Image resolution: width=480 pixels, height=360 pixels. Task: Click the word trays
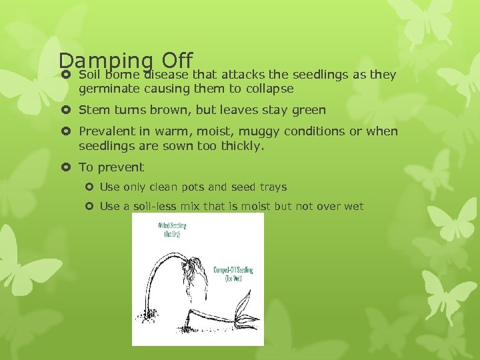tap(273, 187)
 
